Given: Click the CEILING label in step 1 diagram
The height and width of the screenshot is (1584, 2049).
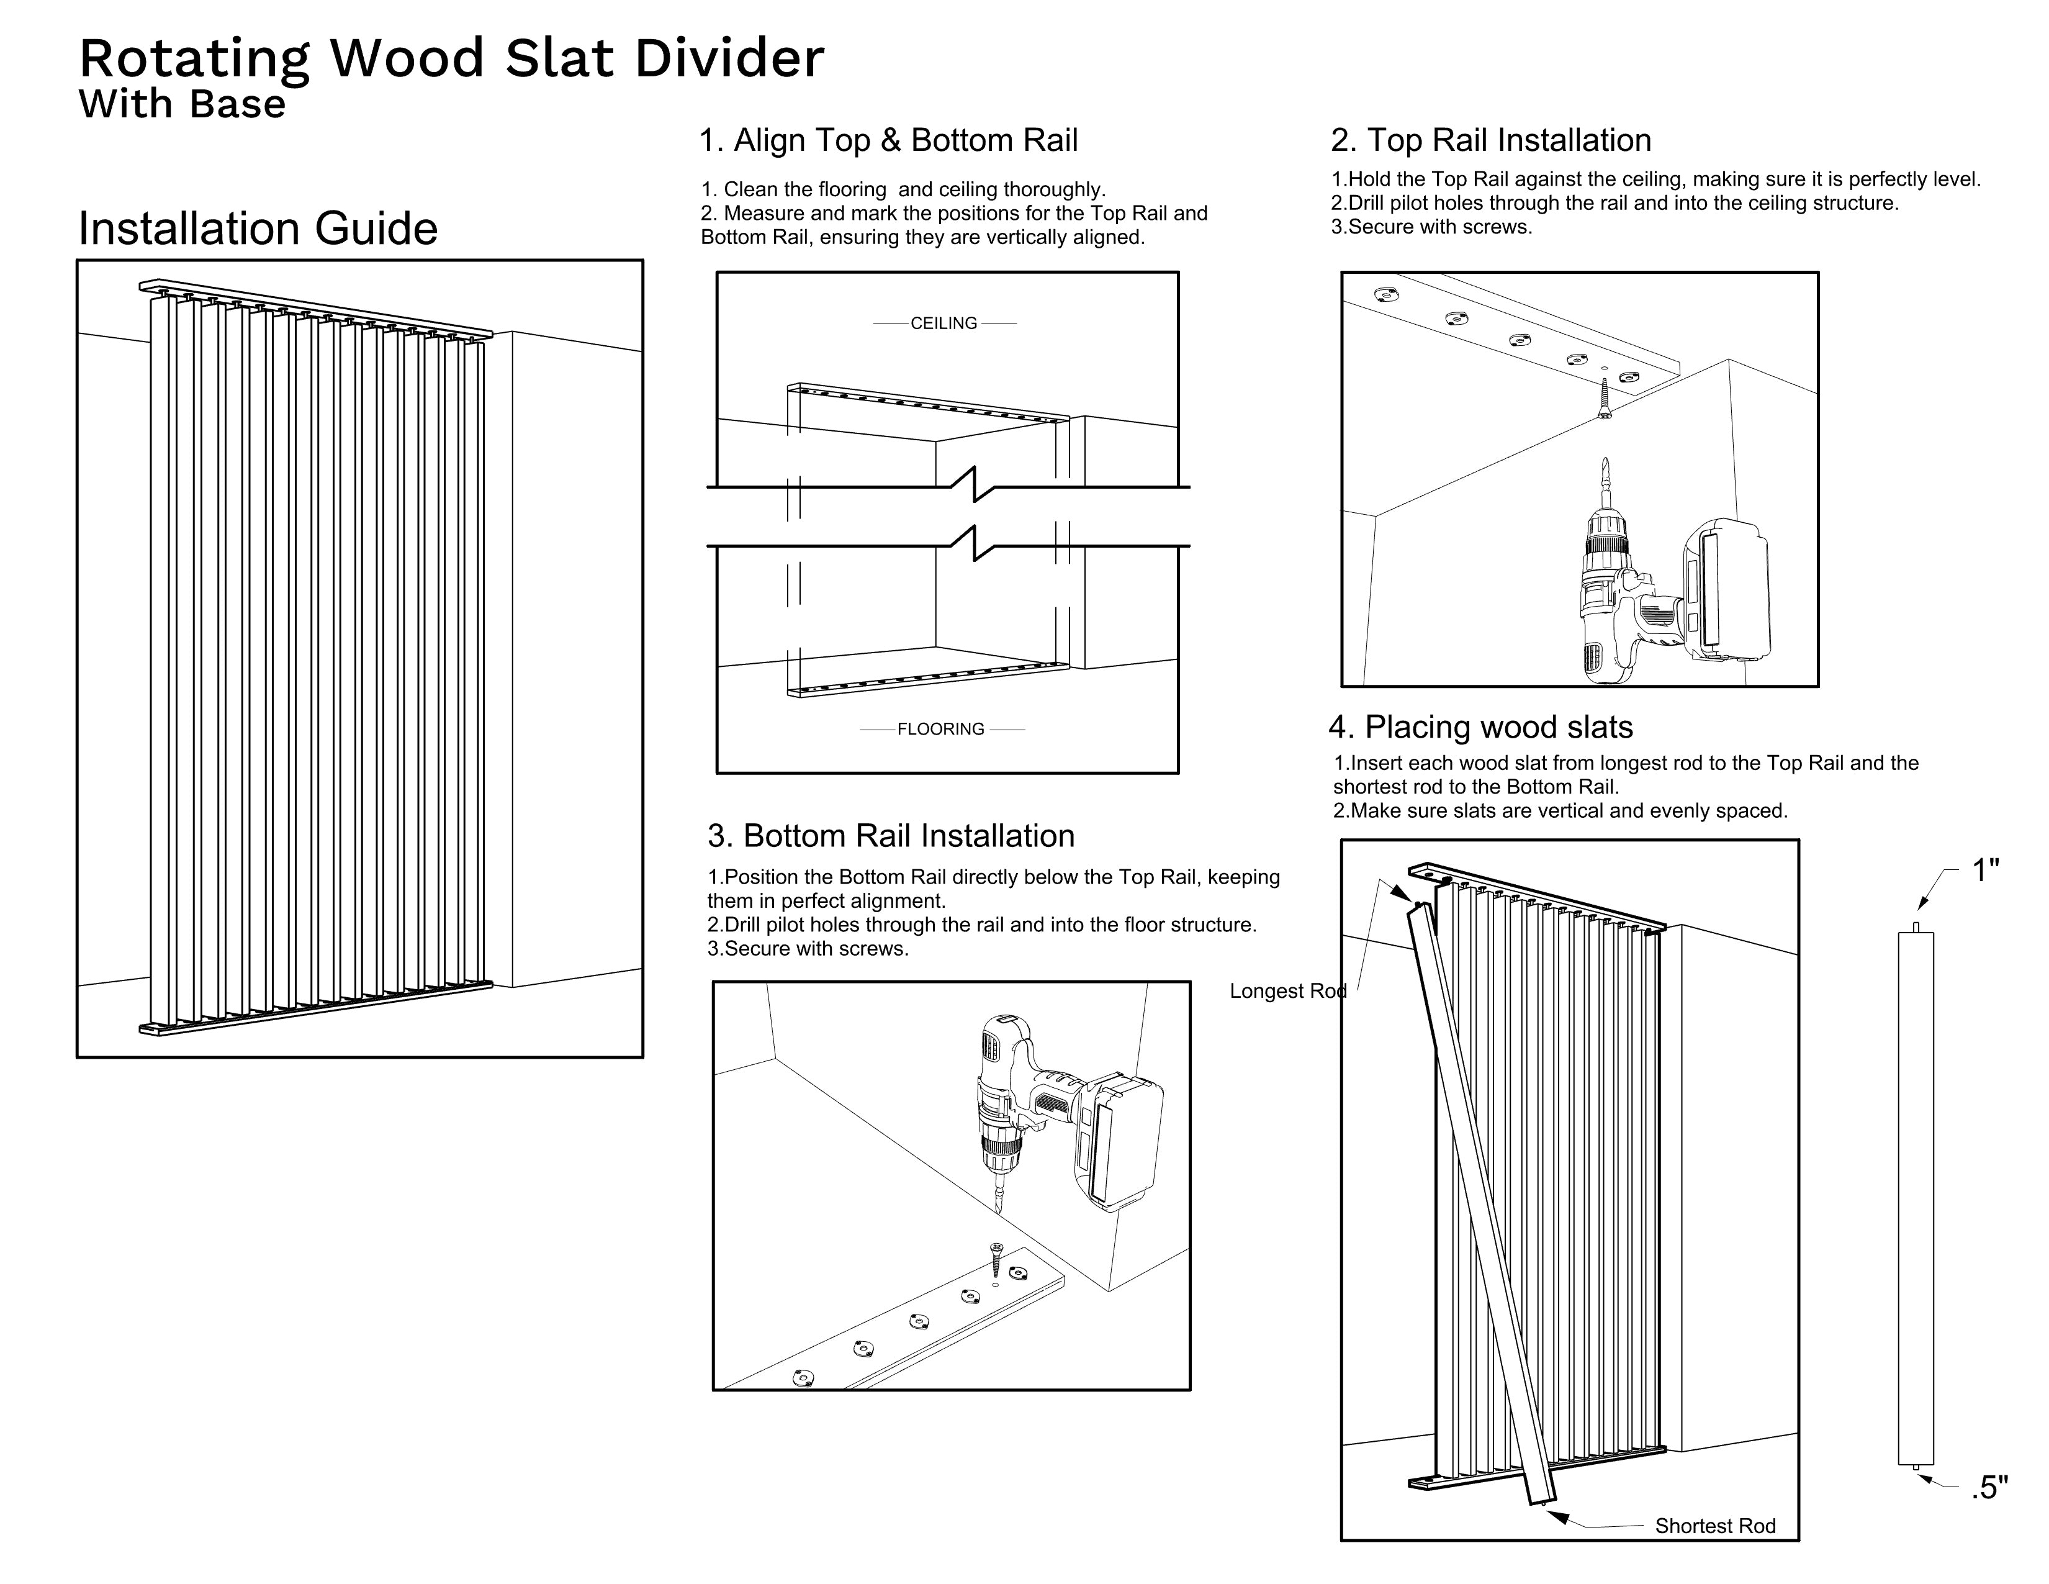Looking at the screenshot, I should [944, 324].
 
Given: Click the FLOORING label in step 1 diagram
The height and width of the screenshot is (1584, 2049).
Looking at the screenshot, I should [941, 729].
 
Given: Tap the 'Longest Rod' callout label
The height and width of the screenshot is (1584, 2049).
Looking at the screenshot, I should [1287, 991].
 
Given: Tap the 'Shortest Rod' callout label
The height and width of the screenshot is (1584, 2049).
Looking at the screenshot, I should [1715, 1526].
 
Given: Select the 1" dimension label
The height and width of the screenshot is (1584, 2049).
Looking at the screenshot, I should [1984, 871].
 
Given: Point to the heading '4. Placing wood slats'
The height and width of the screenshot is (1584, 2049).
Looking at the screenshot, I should [1480, 727].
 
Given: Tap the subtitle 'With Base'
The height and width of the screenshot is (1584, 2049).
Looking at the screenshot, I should [182, 104].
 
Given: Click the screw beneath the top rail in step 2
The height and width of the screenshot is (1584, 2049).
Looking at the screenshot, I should [1605, 398].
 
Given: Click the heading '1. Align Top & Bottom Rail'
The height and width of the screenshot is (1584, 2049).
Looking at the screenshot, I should [888, 141].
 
